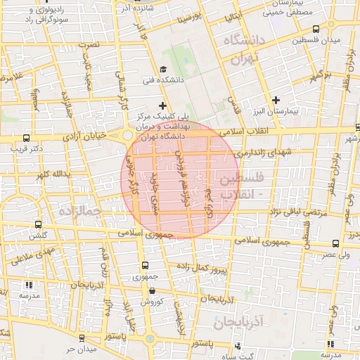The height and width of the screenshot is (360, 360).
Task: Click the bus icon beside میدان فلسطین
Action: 316,29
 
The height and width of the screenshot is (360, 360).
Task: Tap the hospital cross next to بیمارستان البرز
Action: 276,100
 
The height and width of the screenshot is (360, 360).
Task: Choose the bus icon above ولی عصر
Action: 335,243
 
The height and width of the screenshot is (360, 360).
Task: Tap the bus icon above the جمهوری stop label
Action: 146,266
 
